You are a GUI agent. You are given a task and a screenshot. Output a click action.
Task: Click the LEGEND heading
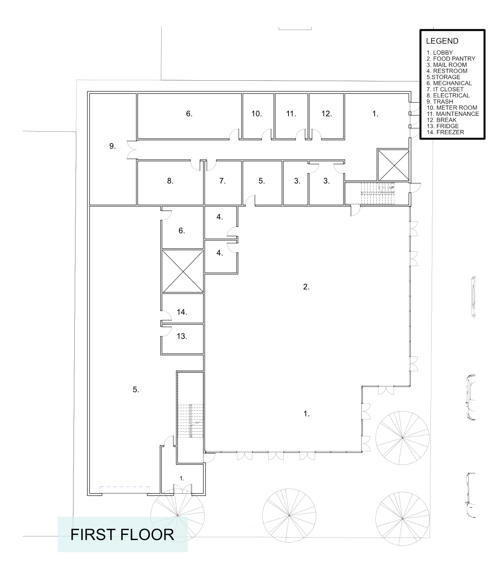(x=442, y=41)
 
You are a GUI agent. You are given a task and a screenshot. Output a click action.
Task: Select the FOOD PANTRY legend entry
(x=451, y=59)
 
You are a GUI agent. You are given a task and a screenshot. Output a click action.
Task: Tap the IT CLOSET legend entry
(x=445, y=89)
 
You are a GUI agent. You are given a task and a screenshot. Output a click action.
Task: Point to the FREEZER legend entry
(x=445, y=132)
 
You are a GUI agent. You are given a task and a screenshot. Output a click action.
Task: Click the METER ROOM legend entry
(x=452, y=108)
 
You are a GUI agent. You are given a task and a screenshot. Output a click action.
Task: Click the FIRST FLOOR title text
(x=122, y=534)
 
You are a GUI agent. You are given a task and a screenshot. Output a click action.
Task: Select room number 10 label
(x=257, y=114)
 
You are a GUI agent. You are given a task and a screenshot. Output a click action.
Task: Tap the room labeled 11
(x=291, y=114)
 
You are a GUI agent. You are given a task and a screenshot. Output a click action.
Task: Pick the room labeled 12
(x=326, y=114)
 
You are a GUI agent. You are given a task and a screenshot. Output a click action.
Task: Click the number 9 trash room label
(x=113, y=146)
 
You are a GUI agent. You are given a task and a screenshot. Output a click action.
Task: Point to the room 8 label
(x=170, y=181)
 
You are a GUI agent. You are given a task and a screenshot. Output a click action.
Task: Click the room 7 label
(x=223, y=181)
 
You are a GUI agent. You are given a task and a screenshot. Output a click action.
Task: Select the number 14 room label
(x=182, y=312)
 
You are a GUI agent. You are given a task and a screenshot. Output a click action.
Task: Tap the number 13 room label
(x=182, y=336)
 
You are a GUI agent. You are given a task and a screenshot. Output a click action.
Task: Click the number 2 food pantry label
(x=306, y=287)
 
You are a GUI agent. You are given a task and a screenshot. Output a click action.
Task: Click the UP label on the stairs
(x=392, y=188)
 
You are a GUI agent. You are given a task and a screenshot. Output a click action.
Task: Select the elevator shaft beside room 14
(x=182, y=271)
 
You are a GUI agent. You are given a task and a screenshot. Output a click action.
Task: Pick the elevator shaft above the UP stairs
(x=393, y=165)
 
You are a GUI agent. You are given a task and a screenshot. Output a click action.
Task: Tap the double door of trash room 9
(x=131, y=150)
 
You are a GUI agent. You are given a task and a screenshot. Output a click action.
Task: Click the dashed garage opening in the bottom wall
(x=124, y=488)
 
